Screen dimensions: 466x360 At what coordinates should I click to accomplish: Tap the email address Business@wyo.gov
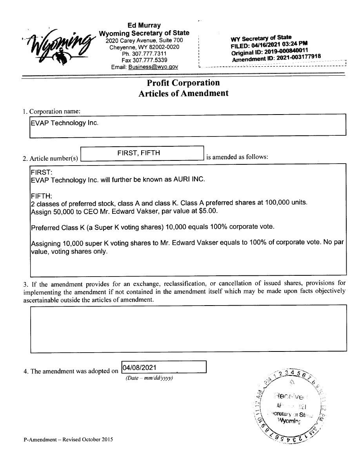(153, 67)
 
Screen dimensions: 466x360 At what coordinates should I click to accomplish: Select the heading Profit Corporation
(183, 83)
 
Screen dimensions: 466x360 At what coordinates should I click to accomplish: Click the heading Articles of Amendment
(183, 93)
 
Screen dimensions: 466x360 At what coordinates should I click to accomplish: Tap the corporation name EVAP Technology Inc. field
(188, 125)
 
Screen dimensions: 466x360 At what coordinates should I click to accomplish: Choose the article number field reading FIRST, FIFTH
(142, 153)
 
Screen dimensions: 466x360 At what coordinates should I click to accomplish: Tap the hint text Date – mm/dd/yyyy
(149, 378)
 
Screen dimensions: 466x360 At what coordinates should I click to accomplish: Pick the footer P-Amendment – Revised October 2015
(68, 440)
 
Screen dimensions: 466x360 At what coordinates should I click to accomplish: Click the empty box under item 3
(188, 329)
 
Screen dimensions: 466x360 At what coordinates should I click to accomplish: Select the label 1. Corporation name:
(51, 111)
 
